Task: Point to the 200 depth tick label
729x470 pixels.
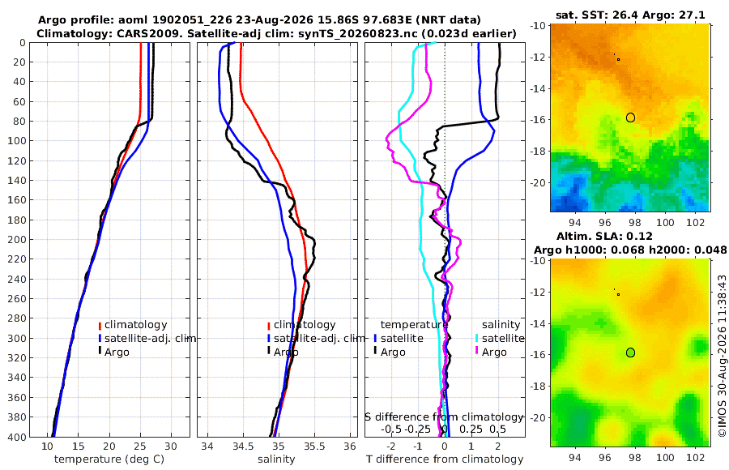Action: [17, 239]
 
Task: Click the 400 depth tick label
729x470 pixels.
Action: [17, 437]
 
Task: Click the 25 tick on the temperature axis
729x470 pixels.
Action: [140, 446]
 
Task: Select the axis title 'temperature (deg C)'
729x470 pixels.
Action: [109, 459]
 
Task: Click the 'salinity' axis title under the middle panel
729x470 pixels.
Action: [276, 459]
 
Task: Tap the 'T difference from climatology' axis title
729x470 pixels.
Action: [445, 459]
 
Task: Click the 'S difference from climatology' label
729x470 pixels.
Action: [444, 417]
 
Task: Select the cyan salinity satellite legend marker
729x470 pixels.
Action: [477, 338]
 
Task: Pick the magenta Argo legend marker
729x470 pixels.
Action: [477, 352]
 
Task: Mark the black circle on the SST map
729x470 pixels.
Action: [630, 117]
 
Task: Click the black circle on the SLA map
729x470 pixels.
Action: [630, 352]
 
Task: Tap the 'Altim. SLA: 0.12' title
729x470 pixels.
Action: [604, 236]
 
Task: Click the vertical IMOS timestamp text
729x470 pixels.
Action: [722, 356]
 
